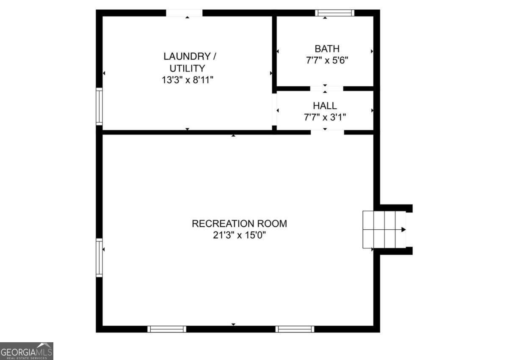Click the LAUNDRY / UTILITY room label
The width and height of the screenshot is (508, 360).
pos(187,62)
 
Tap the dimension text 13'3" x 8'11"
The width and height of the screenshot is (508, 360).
pos(187,80)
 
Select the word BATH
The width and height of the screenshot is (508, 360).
pos(327,49)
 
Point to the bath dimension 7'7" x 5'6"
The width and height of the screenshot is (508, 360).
pos(327,60)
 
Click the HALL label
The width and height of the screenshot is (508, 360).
pos(325,106)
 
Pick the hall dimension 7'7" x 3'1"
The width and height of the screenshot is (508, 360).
pos(325,117)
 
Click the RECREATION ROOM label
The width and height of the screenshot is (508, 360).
pos(239,223)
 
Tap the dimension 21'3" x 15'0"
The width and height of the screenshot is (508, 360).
pos(239,235)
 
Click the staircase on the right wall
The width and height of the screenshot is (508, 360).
pos(384,230)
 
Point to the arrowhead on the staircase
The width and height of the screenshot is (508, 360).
pos(403,230)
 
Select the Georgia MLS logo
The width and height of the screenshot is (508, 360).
pos(27,351)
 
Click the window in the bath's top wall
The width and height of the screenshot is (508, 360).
pos(334,13)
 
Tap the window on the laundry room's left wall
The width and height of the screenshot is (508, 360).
pos(99,106)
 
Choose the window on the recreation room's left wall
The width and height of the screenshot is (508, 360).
pos(99,257)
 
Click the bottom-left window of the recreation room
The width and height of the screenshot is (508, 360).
pos(167,329)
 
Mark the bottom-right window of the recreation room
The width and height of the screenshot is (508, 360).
pos(295,329)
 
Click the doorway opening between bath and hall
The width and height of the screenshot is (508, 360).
pos(326,88)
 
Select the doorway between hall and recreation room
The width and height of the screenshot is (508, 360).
pos(327,132)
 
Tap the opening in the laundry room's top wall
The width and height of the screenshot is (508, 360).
pos(184,13)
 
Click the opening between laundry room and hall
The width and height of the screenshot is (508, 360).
pos(274,109)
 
